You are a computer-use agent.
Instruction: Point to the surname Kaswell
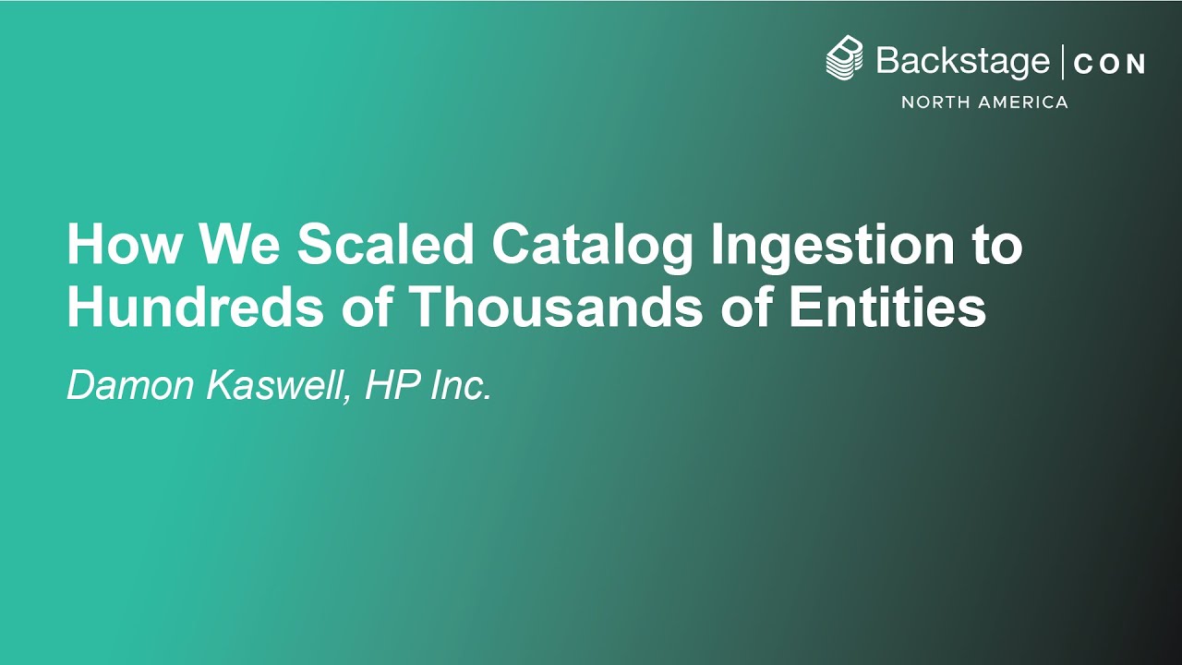click(x=278, y=386)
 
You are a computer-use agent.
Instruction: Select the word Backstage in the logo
click(x=962, y=62)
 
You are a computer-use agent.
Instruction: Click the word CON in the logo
click(x=1109, y=64)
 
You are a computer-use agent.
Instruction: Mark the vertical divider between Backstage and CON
click(x=1063, y=62)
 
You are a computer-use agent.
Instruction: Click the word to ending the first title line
click(x=996, y=246)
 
